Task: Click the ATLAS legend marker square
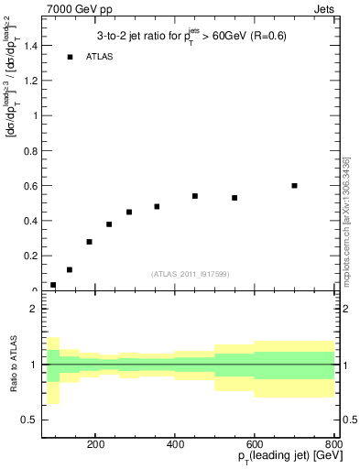pyautogui.click(x=70, y=57)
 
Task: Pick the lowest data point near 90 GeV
pyautogui.click(x=53, y=285)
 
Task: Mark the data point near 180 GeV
pyautogui.click(x=89, y=242)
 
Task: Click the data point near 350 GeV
pyautogui.click(x=157, y=206)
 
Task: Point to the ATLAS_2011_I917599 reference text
pyautogui.click(x=191, y=274)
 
